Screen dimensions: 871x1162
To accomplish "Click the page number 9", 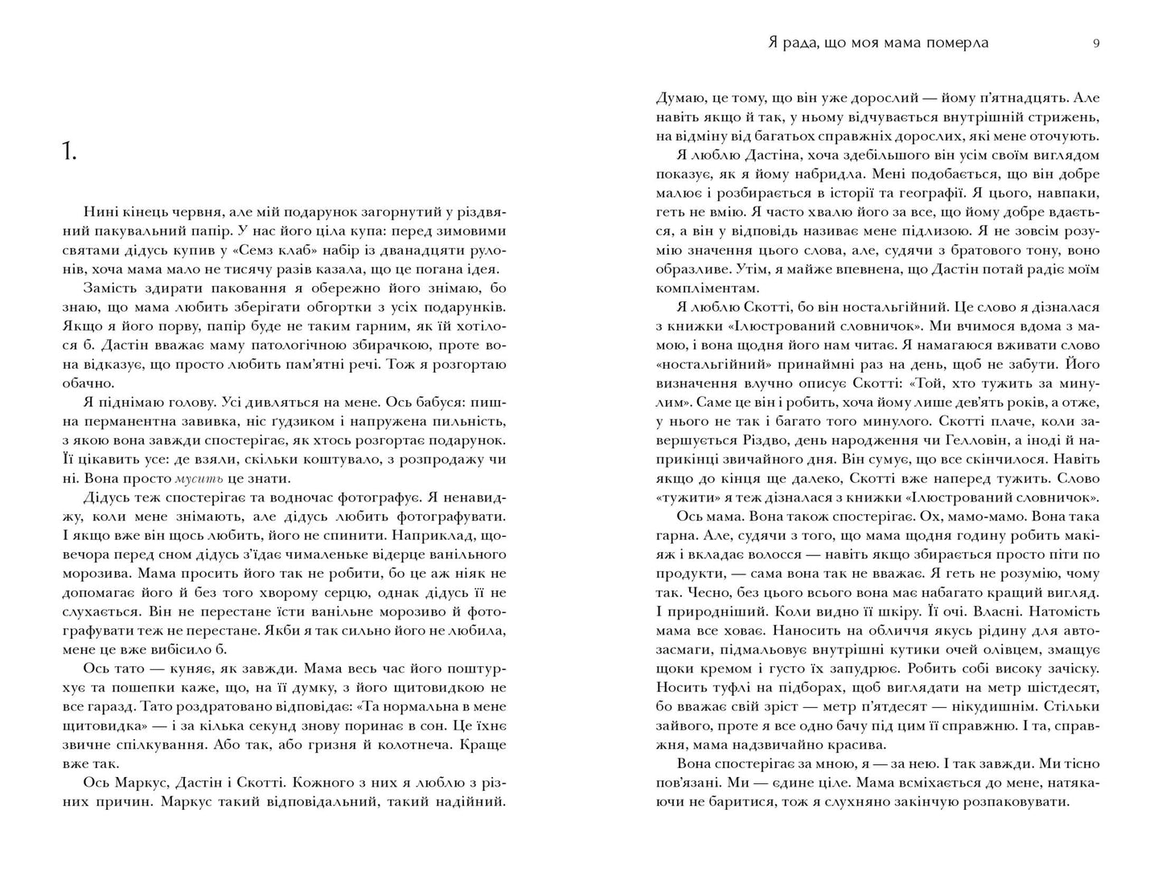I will tap(1096, 43).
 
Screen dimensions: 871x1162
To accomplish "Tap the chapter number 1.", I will tap(68, 152).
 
